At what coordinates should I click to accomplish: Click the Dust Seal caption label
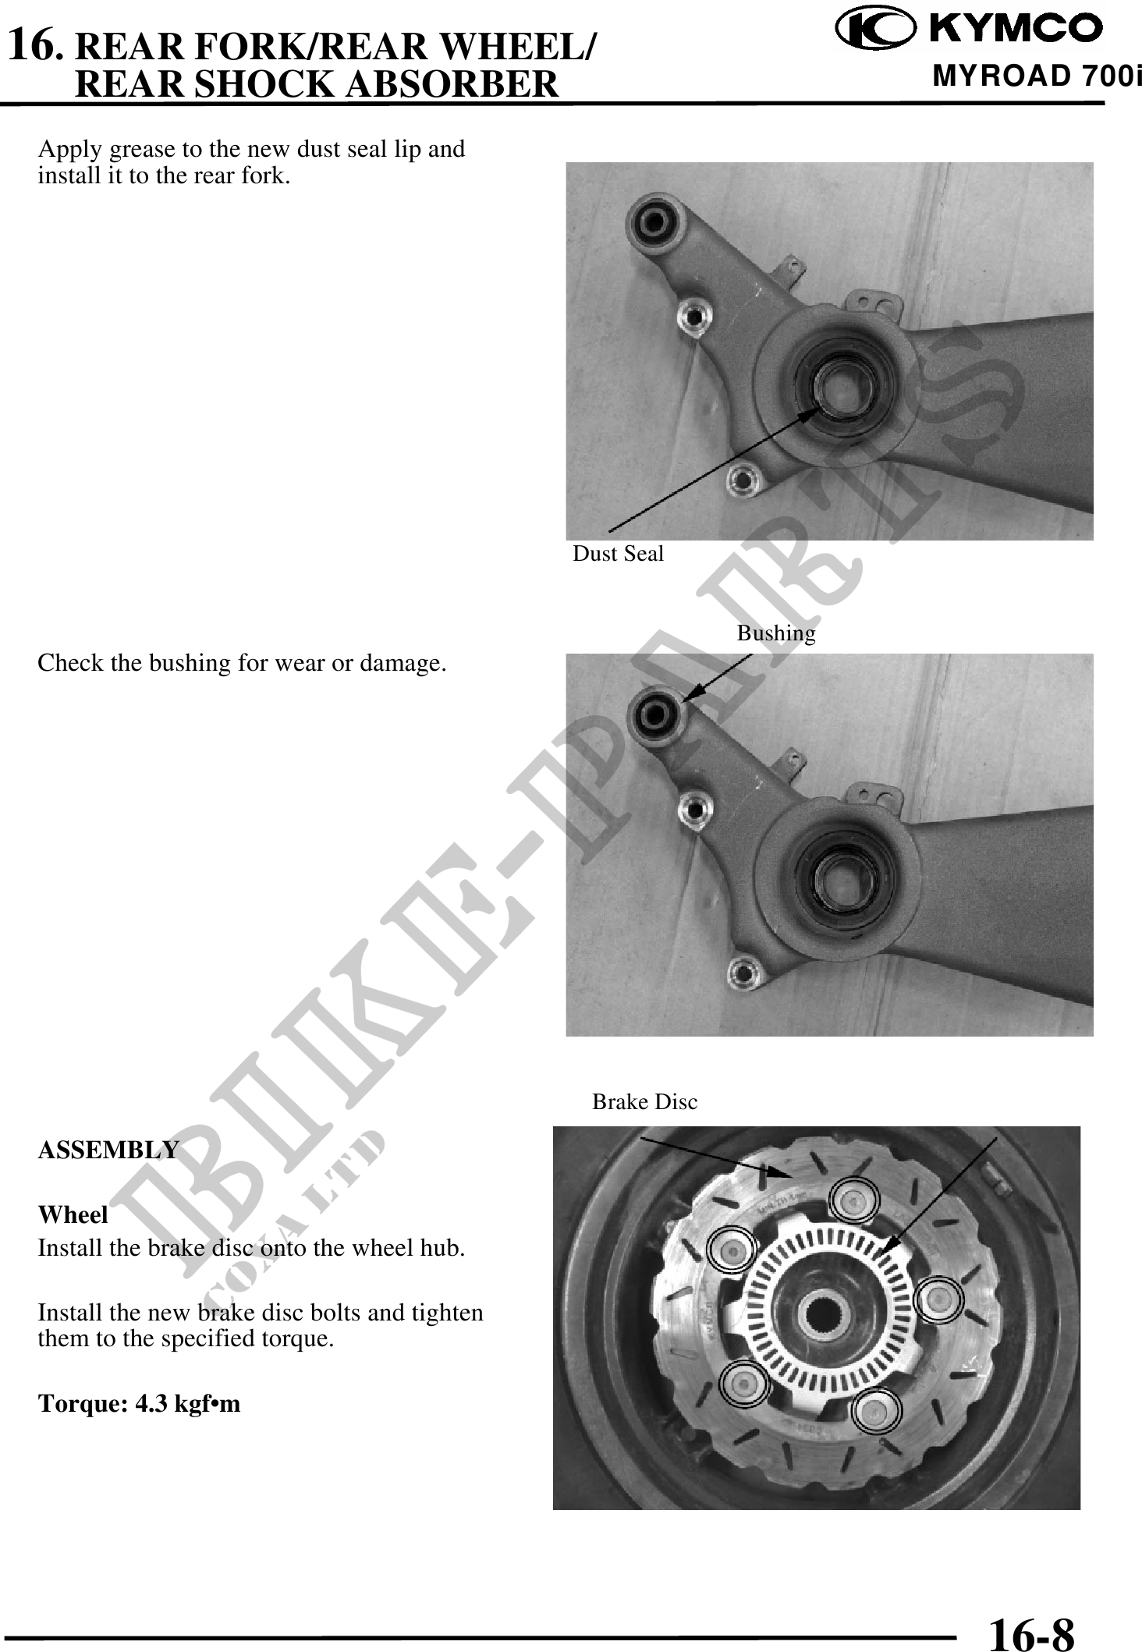618,554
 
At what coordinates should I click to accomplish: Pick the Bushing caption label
776,633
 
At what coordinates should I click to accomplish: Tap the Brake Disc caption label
644,1102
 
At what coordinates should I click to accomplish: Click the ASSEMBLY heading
108,1150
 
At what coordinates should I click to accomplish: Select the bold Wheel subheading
73,1215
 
